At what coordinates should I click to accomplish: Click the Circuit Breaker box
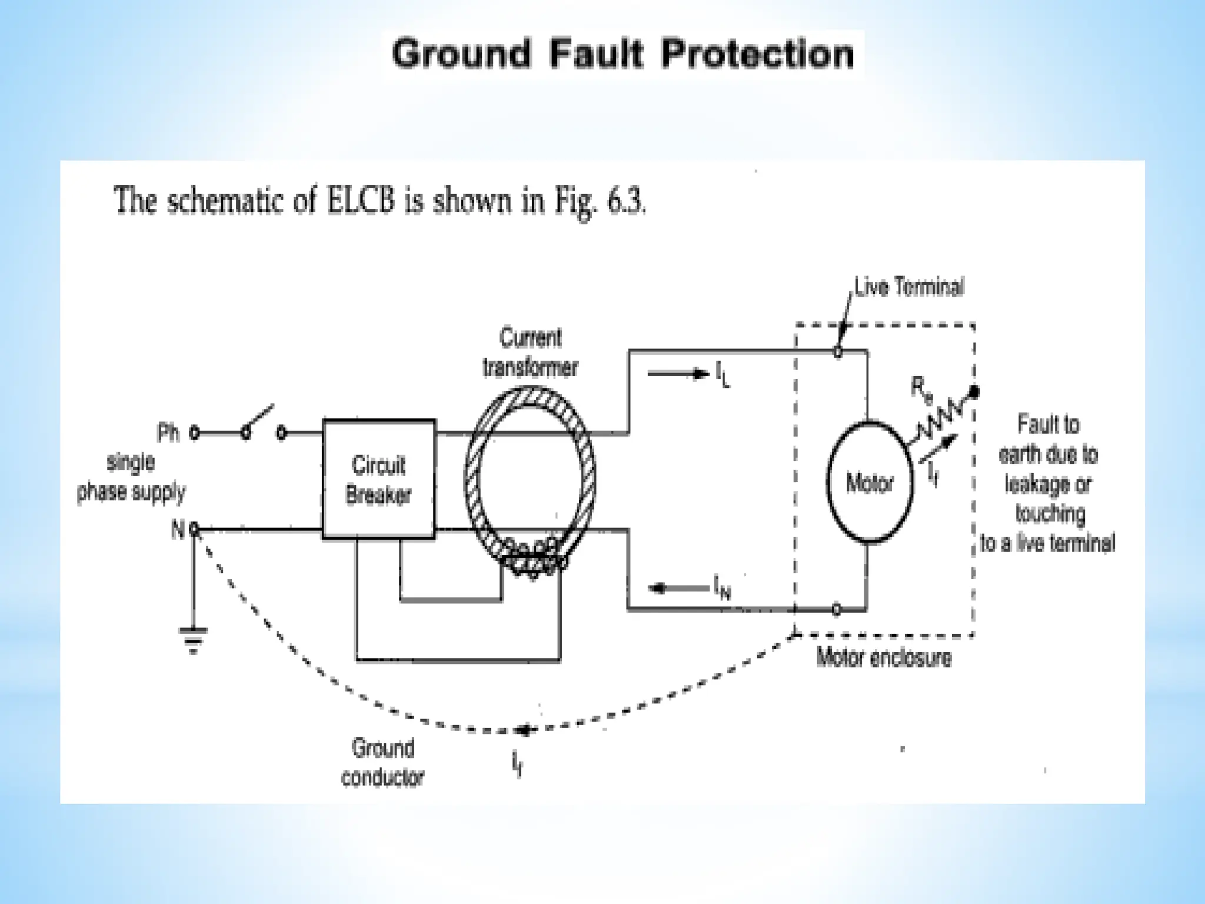click(x=379, y=479)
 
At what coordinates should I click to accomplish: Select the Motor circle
click(x=869, y=481)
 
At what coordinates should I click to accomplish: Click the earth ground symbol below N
click(x=193, y=639)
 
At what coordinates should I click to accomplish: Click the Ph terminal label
click(x=168, y=434)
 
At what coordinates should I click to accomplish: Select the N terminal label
click(x=177, y=530)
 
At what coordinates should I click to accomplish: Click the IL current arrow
click(x=677, y=373)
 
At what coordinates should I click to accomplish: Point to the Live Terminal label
click(x=908, y=287)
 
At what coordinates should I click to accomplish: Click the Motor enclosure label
click(x=883, y=657)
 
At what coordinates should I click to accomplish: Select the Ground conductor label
click(x=382, y=763)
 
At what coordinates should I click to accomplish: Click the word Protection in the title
click(x=757, y=54)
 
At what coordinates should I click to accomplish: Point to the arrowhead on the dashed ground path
click(x=523, y=730)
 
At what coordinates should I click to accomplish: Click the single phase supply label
click(x=131, y=477)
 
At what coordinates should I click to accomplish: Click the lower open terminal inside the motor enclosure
click(x=837, y=610)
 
